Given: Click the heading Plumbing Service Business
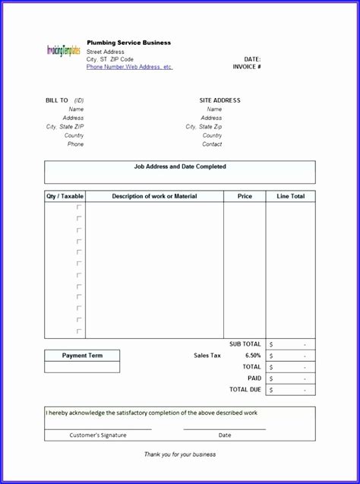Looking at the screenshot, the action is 128,43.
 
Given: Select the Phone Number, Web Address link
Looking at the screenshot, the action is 129,67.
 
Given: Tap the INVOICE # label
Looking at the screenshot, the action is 247,67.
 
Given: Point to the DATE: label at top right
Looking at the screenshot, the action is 252,59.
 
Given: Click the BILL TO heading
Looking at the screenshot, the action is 57,100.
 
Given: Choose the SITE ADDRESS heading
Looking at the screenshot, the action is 219,100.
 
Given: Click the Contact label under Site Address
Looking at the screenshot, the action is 212,144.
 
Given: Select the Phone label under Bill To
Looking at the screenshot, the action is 75,144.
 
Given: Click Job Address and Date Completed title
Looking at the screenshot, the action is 180,166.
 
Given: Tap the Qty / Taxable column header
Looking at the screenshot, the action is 65,196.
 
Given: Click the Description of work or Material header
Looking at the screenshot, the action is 154,196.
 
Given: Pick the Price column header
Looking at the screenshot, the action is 245,196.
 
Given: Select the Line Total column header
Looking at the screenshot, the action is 290,196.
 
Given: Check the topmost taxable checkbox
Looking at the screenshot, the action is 79,207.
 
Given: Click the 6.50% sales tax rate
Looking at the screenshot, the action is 253,356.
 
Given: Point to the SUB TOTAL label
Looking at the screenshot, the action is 245,344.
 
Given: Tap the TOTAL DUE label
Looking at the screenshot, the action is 245,390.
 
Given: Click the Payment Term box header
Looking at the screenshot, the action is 82,356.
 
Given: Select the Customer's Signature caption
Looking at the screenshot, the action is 98,435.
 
